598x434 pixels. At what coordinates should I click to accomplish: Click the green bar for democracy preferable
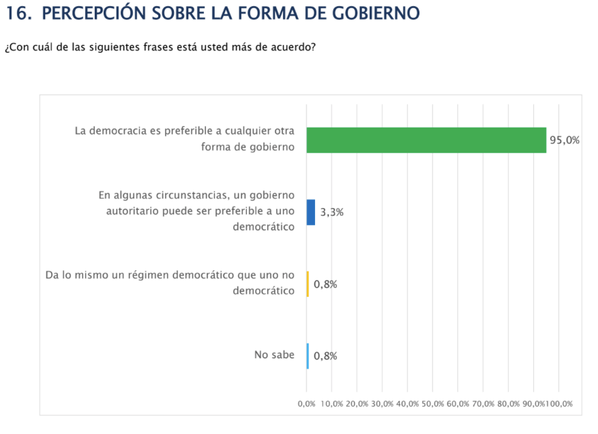click(x=426, y=140)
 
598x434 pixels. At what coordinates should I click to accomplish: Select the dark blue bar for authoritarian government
click(x=311, y=212)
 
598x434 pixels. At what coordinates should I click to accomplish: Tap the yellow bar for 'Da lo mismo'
click(x=308, y=284)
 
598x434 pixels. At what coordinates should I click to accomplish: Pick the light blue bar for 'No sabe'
click(x=308, y=356)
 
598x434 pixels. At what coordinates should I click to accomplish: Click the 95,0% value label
click(x=565, y=140)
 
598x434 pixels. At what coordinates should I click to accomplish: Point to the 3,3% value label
click(x=331, y=212)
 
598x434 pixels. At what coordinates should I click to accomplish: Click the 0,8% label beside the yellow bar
click(x=325, y=284)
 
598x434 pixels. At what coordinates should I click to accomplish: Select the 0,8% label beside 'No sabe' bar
click(x=325, y=356)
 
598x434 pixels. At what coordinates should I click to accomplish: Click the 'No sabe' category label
click(x=274, y=355)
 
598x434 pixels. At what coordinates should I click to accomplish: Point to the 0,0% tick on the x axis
click(x=306, y=404)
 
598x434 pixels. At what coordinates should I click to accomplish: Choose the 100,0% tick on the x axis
click(x=560, y=404)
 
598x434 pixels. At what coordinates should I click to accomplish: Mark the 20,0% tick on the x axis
click(x=357, y=404)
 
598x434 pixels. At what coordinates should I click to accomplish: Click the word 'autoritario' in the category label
click(x=130, y=211)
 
